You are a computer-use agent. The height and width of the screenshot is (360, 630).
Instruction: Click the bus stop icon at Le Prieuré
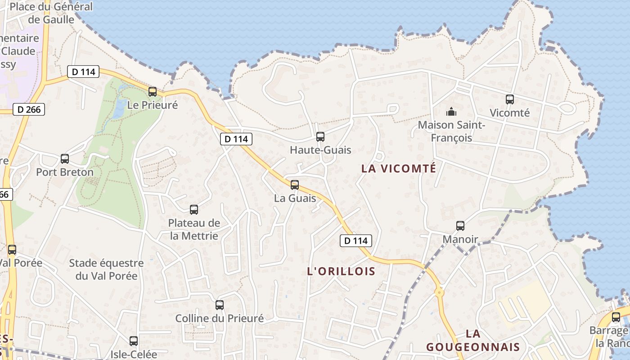(153, 92)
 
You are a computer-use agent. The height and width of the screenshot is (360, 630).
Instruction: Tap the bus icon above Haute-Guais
(320, 136)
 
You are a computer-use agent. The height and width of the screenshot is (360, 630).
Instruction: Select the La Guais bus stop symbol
(295, 184)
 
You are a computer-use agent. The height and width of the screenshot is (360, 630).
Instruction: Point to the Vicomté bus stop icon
(509, 99)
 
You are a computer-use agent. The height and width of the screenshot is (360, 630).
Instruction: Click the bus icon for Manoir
(460, 226)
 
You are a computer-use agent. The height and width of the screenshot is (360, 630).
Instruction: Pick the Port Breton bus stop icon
(65, 159)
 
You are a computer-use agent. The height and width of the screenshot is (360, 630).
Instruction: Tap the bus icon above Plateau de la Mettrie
(194, 209)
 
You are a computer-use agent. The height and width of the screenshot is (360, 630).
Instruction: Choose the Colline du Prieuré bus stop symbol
(220, 305)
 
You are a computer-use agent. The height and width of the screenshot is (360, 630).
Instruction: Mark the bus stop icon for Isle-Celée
(134, 341)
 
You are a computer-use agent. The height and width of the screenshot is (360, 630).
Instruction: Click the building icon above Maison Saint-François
(451, 111)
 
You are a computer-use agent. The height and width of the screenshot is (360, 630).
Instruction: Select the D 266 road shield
(29, 109)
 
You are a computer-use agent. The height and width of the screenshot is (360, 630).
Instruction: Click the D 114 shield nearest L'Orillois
(355, 241)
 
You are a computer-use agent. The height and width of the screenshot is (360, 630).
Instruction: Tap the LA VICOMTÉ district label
(399, 169)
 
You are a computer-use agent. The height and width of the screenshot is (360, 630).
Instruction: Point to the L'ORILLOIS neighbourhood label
(341, 271)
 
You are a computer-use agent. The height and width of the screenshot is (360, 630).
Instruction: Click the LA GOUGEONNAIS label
(473, 340)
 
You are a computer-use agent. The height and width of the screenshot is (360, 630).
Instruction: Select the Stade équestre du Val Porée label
(106, 269)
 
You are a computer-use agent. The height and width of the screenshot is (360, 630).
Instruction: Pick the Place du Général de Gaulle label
(51, 13)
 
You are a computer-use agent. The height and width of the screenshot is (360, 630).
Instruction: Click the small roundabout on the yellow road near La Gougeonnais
(439, 292)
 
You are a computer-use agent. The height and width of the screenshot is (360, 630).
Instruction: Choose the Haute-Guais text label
(320, 150)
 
